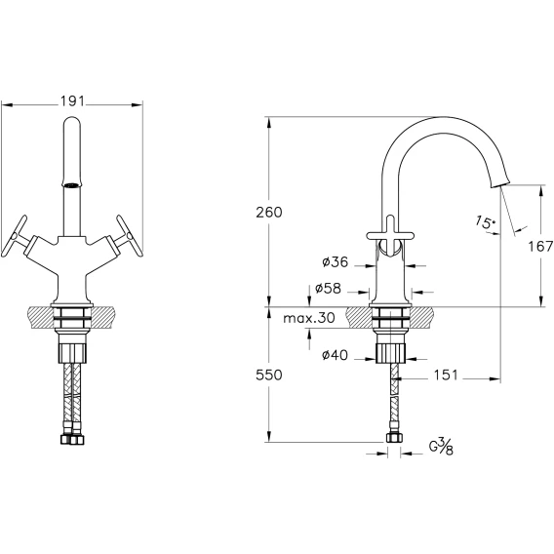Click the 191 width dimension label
(x=72, y=101)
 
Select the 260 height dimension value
(x=269, y=213)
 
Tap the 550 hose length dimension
(x=269, y=375)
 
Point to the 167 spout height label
(x=540, y=246)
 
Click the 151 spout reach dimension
(x=446, y=375)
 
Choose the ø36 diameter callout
(x=336, y=261)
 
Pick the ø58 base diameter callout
(x=329, y=289)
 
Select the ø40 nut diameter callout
(x=335, y=355)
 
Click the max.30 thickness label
(x=309, y=318)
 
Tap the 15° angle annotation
(x=485, y=221)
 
